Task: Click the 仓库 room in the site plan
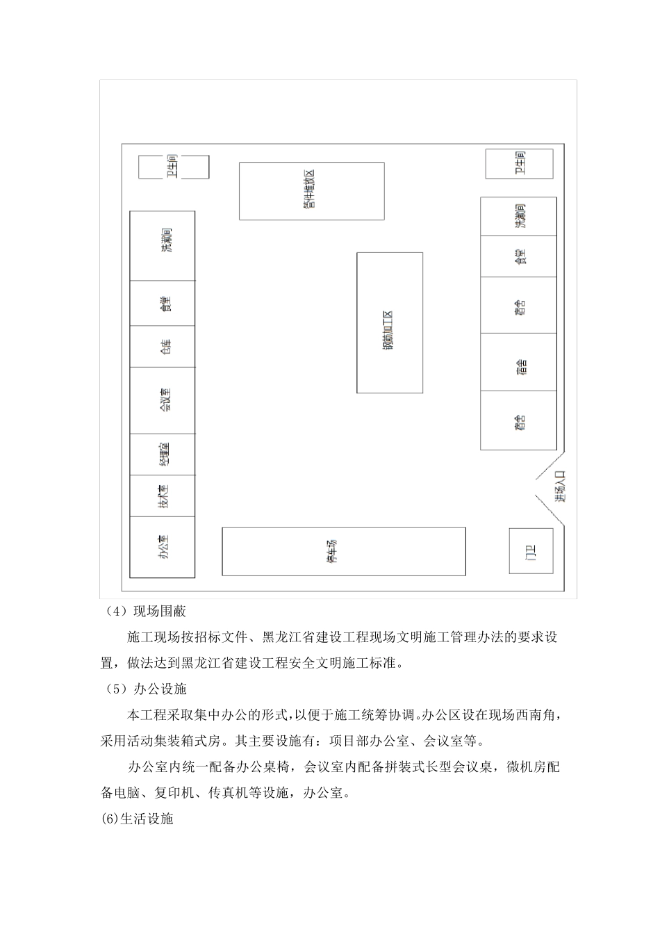click(163, 347)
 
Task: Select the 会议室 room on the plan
click(163, 401)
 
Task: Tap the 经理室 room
click(163, 454)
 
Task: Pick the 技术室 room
click(163, 496)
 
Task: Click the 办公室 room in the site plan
click(163, 547)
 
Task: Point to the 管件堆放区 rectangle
click(311, 191)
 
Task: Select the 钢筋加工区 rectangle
click(389, 322)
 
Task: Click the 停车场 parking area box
click(343, 551)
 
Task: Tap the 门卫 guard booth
click(531, 551)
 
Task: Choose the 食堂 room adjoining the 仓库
click(163, 304)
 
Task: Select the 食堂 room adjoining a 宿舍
click(518, 256)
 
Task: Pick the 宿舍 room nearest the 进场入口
click(518, 420)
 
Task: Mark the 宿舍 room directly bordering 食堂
click(518, 305)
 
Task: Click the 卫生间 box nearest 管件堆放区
click(174, 167)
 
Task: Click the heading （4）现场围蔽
click(147, 612)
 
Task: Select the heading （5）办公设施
click(147, 689)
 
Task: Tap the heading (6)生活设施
click(137, 819)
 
